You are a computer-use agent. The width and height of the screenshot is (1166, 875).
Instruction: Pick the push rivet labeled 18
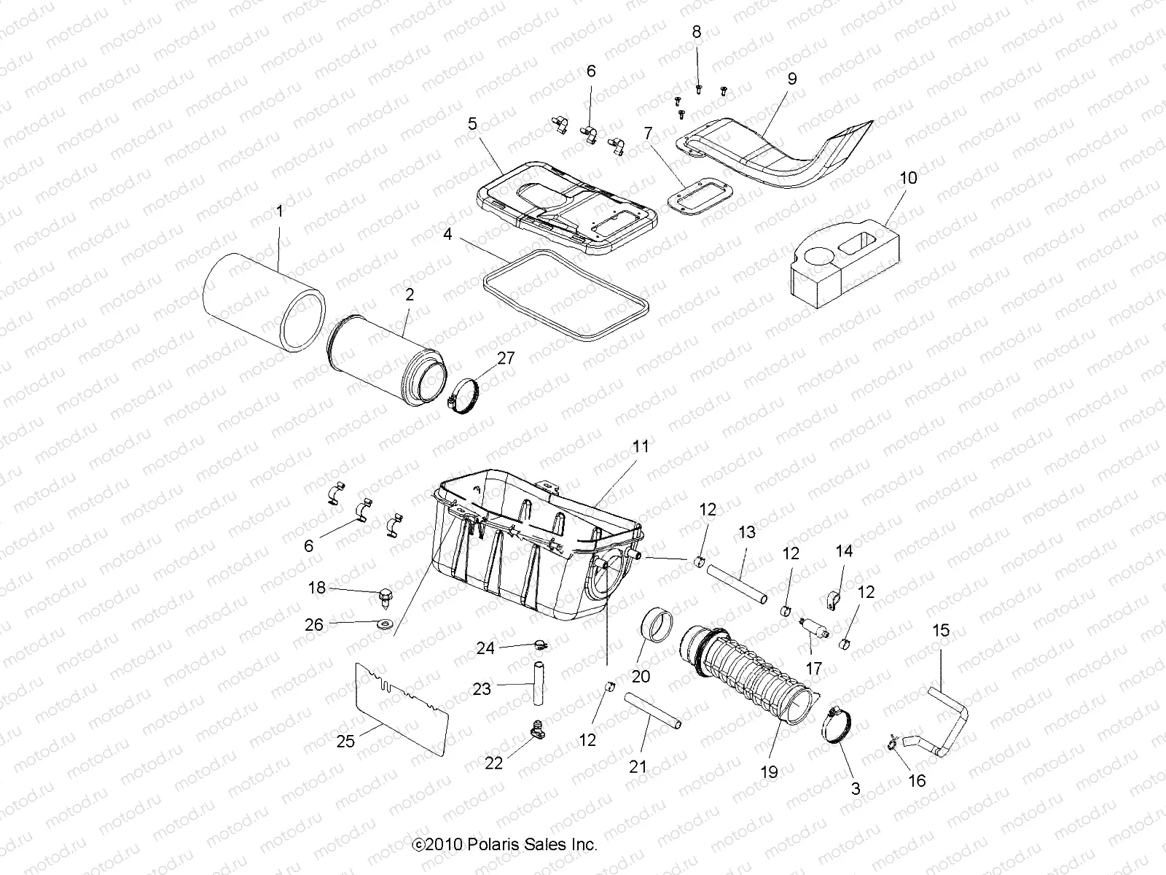pos(383,595)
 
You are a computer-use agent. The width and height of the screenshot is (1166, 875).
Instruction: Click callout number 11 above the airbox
pos(641,446)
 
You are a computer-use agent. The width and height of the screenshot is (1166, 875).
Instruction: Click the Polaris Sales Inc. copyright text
pos(504,844)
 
